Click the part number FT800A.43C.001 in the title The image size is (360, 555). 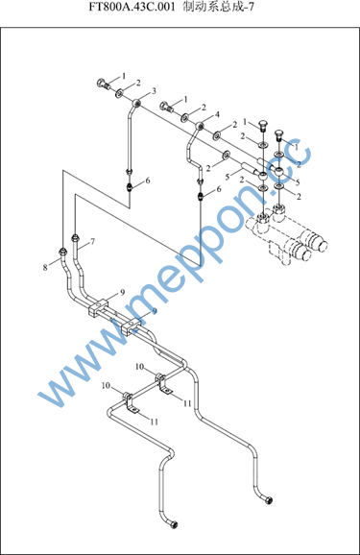(132, 7)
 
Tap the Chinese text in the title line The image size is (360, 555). (218, 7)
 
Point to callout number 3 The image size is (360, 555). (154, 91)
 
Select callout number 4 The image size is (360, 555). (217, 114)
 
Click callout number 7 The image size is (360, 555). (92, 242)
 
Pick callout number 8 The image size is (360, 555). (45, 267)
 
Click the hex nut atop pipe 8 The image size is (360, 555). (62, 252)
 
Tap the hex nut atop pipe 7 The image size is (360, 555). (75, 237)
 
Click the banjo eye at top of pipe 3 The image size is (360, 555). (136, 103)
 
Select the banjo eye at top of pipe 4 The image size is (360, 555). (200, 125)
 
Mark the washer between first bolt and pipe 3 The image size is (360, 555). (119, 93)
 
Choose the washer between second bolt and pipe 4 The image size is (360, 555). (184, 118)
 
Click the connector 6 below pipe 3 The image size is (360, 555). (130, 186)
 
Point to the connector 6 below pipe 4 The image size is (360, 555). (201, 196)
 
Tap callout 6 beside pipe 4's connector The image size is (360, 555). (219, 189)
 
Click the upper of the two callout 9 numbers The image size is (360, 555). (122, 293)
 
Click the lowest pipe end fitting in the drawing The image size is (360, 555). (174, 525)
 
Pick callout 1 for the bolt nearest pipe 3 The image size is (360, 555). (124, 76)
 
